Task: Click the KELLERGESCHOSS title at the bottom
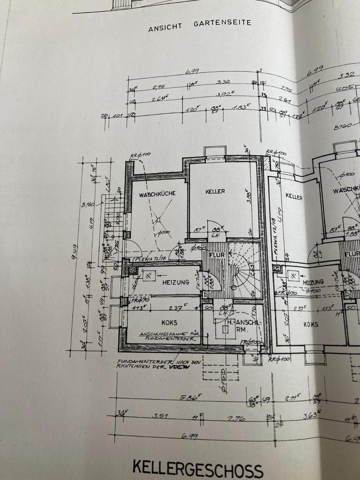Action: coord(197,469)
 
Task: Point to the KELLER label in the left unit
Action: coord(215,191)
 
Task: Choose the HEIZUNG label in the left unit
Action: coord(175,282)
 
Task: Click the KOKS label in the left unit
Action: coord(169,322)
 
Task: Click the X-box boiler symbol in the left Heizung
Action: coord(148,275)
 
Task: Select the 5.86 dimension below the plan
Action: coord(189,398)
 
